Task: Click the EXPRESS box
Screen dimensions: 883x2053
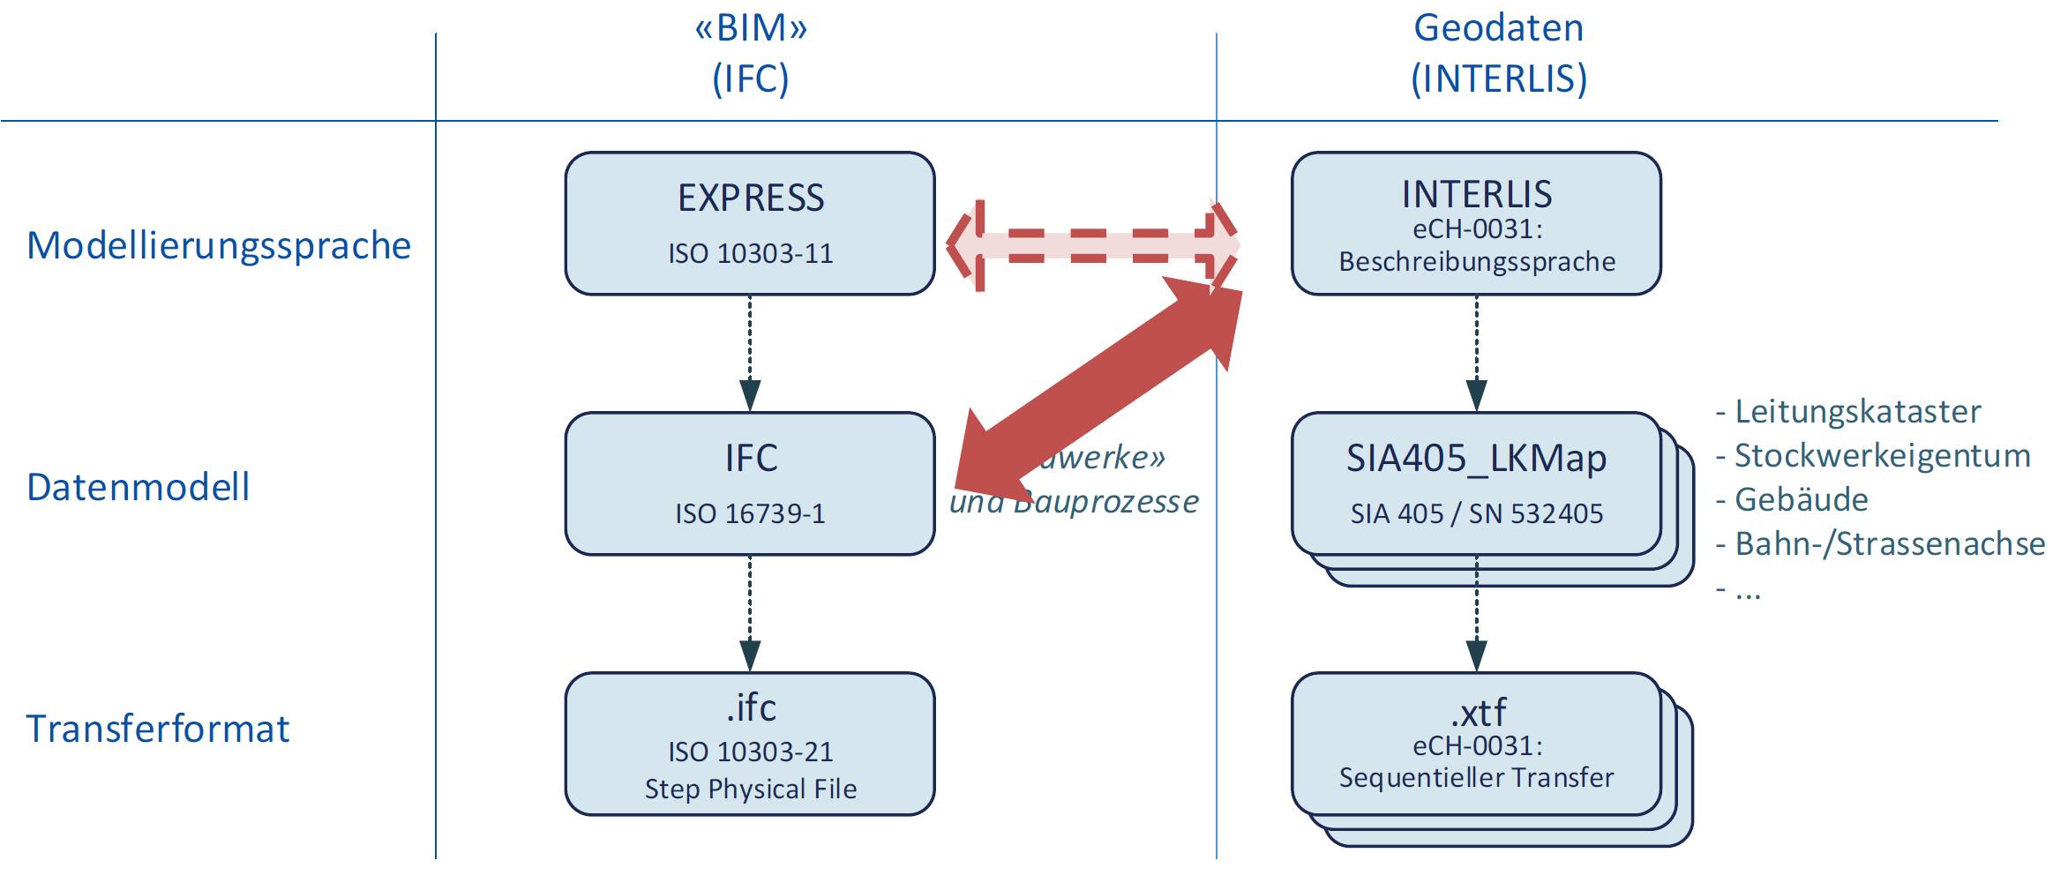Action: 750,222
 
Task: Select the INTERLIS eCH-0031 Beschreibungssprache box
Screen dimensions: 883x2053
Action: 1476,222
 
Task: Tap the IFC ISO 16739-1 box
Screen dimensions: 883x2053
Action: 750,483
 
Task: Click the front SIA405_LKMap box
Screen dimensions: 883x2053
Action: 1476,483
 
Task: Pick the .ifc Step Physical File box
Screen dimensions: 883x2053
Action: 750,744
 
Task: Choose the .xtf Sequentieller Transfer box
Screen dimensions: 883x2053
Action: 1476,744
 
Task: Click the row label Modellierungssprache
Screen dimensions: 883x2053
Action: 219,245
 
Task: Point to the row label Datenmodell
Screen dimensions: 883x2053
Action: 139,487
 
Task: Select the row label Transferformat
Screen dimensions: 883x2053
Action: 158,729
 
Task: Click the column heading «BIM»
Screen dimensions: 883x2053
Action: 751,28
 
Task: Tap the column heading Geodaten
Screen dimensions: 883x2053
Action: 1498,28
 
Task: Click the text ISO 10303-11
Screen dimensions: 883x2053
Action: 751,254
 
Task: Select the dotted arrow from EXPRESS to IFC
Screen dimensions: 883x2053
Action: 750,353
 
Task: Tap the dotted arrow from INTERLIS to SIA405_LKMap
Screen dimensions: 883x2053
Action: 1476,353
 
